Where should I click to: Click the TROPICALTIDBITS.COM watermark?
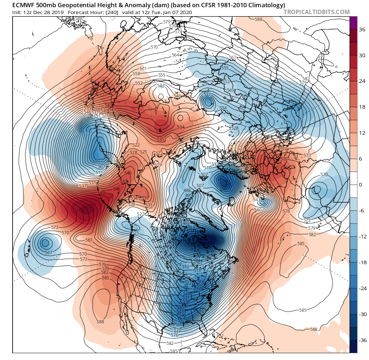316,12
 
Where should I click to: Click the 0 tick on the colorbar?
360,185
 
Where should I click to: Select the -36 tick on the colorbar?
361,340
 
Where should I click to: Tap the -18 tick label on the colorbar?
361,262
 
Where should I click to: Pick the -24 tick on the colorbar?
361,288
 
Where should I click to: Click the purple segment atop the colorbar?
353,23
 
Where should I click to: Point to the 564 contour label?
175,55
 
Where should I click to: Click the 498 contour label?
187,190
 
